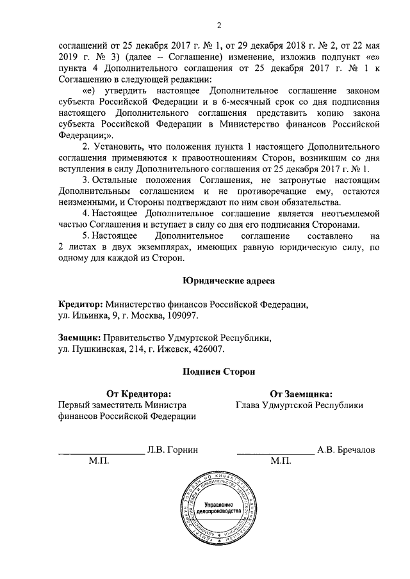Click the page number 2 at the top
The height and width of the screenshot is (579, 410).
coord(218,26)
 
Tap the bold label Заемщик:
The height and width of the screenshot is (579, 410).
coord(79,338)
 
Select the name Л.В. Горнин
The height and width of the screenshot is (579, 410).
coord(172,450)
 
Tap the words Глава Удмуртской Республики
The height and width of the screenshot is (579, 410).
coord(299,405)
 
